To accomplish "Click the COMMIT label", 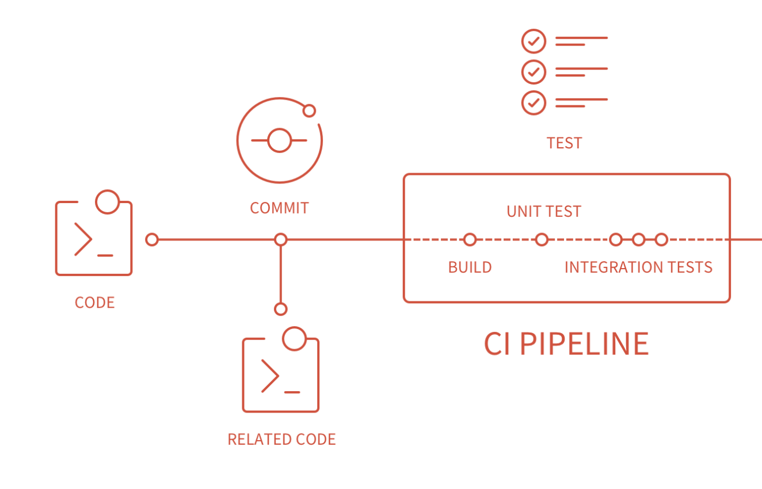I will [279, 208].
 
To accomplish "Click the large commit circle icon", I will [280, 140].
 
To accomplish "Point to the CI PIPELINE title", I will [566, 343].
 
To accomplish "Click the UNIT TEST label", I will [544, 212].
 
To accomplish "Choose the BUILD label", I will [470, 267].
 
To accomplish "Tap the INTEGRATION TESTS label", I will [638, 267].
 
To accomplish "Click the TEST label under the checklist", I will [564, 143].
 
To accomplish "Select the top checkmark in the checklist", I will [534, 41].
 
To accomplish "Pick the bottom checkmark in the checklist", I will [534, 103].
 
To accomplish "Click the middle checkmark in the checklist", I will [534, 72].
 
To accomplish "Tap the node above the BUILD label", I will [470, 239].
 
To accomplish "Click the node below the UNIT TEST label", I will [542, 239].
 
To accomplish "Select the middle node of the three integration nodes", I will [638, 239].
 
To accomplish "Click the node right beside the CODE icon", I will [152, 239].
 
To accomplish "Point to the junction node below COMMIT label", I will [280, 239].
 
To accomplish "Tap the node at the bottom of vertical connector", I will [280, 309].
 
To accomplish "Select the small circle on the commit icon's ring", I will [309, 110].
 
